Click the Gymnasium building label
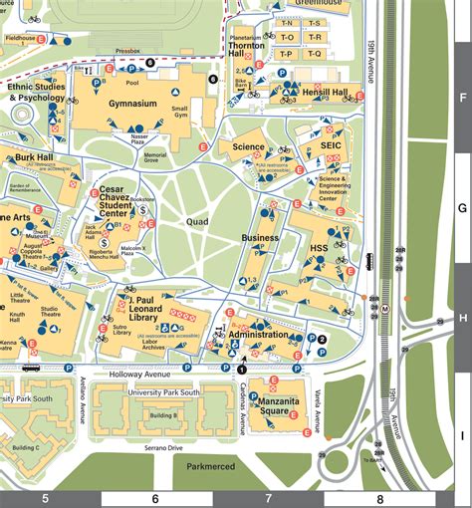tap(133, 104)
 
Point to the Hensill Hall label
tap(325, 92)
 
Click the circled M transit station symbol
tap(384, 309)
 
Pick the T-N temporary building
tap(286, 22)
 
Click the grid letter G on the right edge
tap(461, 208)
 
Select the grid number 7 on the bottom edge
tap(267, 498)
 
